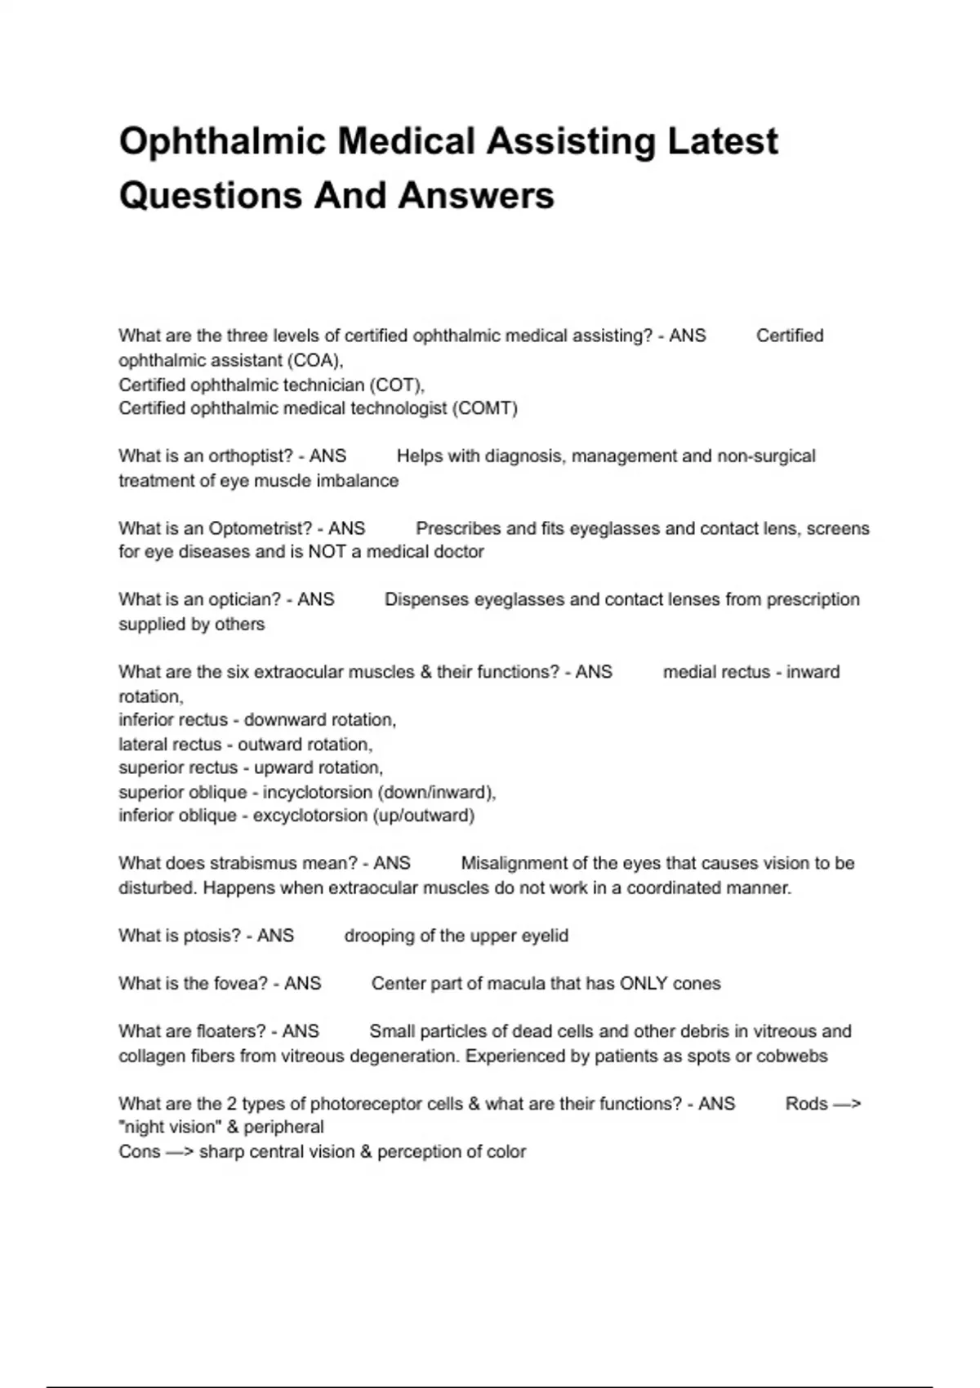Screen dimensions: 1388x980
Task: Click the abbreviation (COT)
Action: (x=397, y=385)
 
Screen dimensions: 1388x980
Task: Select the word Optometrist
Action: (x=261, y=528)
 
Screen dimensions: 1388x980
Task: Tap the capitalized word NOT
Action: (x=327, y=552)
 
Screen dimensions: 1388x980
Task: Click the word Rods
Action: (x=807, y=1104)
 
